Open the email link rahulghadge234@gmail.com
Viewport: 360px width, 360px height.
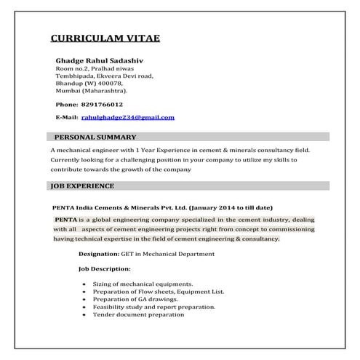(127, 117)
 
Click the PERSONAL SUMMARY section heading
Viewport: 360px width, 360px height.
(95, 137)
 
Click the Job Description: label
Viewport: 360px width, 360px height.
(104, 269)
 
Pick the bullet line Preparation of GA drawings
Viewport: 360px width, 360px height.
(136, 300)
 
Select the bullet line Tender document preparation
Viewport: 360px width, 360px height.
(138, 316)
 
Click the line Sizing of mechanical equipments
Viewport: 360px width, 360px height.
(143, 284)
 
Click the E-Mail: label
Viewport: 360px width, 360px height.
(67, 117)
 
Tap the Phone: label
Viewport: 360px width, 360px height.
(67, 104)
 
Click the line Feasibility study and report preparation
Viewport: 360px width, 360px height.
(153, 308)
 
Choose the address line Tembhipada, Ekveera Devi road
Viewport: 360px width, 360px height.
(104, 76)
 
